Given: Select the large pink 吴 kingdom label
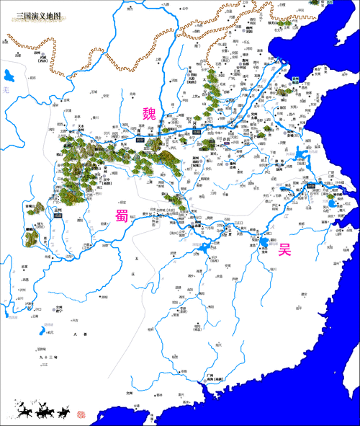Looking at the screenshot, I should [x=284, y=250].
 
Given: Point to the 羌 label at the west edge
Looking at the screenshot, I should [x=3, y=89].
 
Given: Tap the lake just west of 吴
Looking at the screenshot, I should [x=269, y=243].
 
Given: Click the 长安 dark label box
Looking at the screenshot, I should [x=141, y=136].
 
